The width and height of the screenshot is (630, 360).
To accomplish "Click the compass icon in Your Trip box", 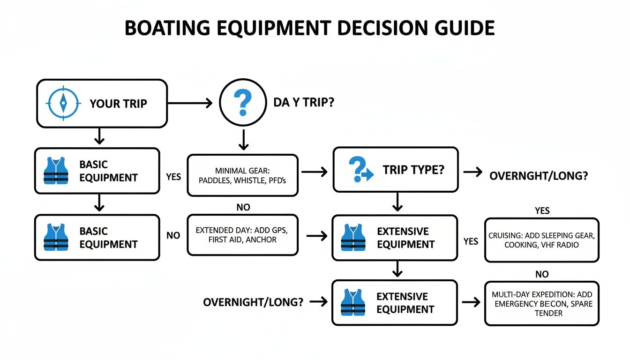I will coord(63,103).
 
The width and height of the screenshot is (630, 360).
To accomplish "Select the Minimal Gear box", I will coord(242,175).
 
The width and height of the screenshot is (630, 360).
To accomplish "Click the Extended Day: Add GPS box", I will coord(242,235).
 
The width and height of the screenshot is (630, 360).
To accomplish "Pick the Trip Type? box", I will coord(395,170).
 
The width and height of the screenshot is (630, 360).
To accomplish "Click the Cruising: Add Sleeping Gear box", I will coord(541,240).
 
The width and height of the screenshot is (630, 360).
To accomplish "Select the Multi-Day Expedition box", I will coord(541,303).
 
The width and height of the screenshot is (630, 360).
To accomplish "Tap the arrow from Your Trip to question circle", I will coord(189,104).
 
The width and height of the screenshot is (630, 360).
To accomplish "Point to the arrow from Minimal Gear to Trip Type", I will coord(315,172).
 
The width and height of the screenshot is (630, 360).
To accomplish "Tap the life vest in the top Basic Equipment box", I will coord(56,171).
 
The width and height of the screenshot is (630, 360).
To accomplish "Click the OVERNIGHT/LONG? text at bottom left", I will coord(253,302).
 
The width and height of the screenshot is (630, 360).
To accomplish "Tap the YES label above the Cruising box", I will coord(542,211).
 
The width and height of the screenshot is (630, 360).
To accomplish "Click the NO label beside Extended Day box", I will coord(173,235).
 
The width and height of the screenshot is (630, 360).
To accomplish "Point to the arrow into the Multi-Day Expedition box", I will coord(471,302).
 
